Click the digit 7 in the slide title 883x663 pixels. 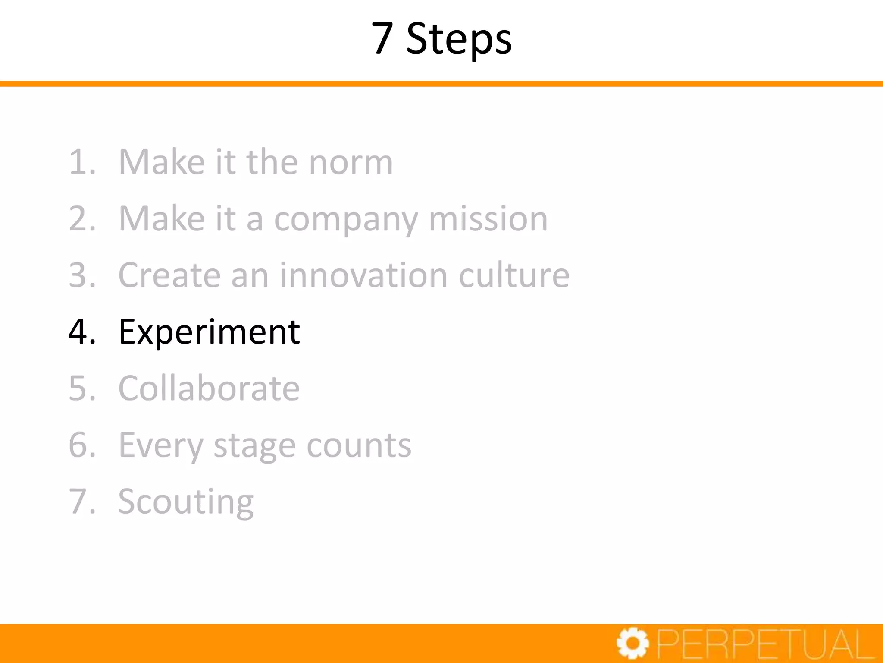click(x=382, y=39)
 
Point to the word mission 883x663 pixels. click(x=488, y=219)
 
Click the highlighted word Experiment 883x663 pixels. click(x=209, y=332)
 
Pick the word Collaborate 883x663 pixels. click(x=209, y=388)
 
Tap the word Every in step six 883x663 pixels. click(x=160, y=445)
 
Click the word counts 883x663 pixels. click(x=359, y=445)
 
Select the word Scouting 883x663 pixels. click(x=186, y=502)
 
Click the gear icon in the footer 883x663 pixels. click(x=633, y=644)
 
